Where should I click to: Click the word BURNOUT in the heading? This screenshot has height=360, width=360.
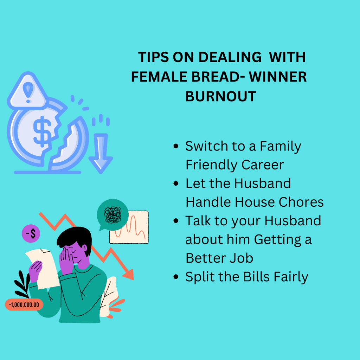(x=221, y=96)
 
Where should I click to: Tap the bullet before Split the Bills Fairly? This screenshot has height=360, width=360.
(x=176, y=277)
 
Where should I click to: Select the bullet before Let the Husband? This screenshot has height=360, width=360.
(x=176, y=184)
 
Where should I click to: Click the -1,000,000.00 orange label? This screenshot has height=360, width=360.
(x=24, y=305)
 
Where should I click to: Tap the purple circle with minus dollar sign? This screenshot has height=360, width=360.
(x=31, y=233)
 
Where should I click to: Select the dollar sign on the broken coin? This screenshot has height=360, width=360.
(x=42, y=131)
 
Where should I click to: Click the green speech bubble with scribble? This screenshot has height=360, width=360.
(x=112, y=215)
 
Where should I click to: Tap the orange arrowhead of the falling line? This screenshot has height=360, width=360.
(x=129, y=274)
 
